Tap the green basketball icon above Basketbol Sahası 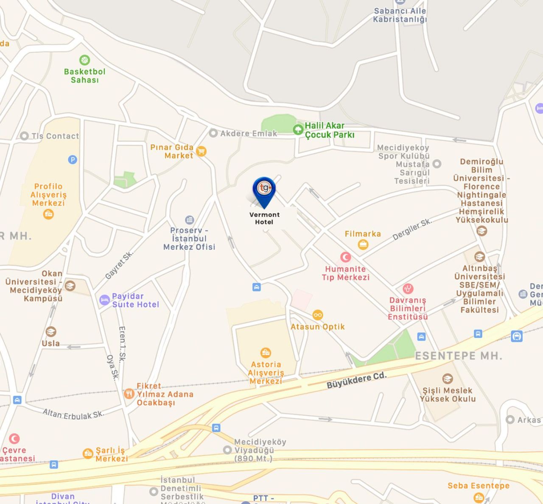(84, 60)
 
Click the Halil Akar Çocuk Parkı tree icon (298, 129)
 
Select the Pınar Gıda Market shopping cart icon (202, 151)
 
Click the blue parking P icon (73, 160)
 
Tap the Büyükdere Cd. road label (356, 380)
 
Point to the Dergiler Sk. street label (412, 230)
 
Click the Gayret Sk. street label (119, 265)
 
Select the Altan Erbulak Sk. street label (73, 414)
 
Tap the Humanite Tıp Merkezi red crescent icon (346, 257)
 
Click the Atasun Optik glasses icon (317, 315)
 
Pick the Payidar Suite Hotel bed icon (104, 300)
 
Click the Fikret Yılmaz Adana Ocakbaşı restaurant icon (129, 394)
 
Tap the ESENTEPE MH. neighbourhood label (458, 356)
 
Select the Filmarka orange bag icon (363, 244)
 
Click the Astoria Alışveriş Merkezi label (266, 372)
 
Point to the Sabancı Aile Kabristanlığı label (400, 15)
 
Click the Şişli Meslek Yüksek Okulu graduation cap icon (447, 378)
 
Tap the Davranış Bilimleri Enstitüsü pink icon (408, 289)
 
